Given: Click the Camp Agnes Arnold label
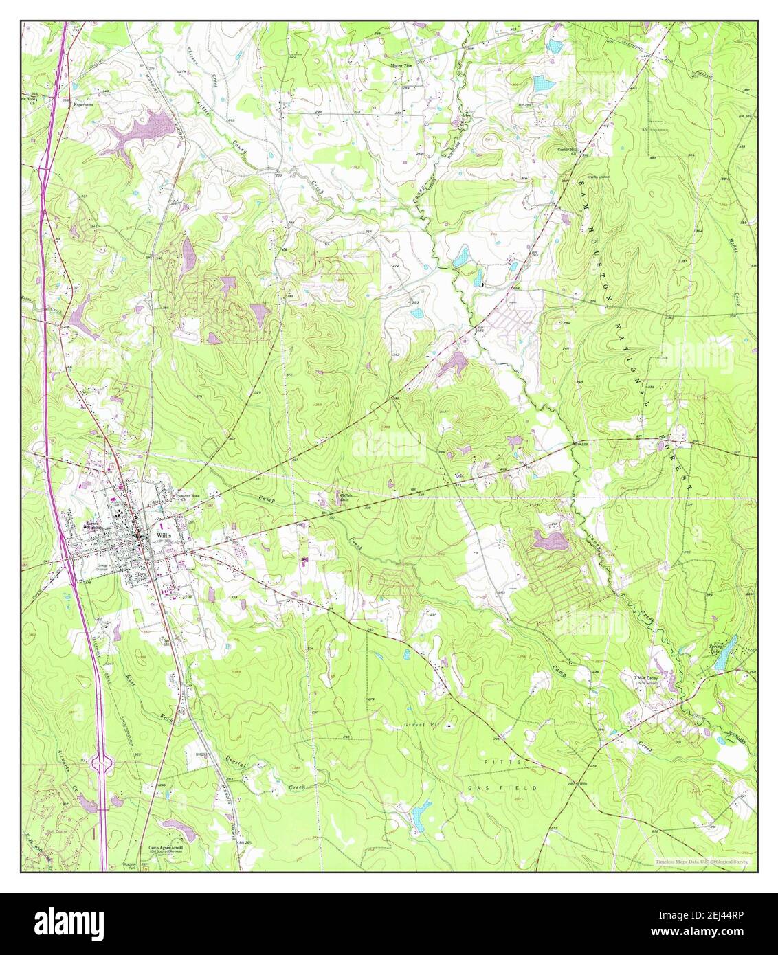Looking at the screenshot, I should [168, 849].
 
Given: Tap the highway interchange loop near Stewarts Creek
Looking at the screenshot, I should [104, 760].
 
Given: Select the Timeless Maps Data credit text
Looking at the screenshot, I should [701, 860].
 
